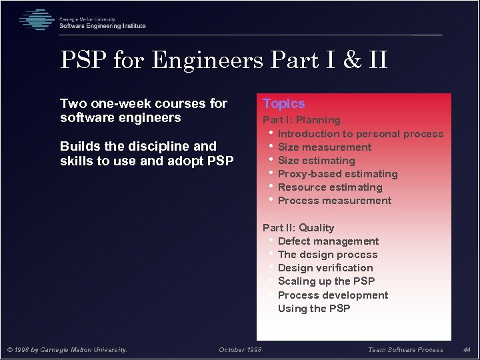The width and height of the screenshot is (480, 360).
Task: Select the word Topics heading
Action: [284, 103]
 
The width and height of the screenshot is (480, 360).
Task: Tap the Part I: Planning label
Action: [301, 120]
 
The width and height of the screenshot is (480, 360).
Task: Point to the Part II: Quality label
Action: [298, 227]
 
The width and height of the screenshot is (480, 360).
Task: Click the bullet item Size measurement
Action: [325, 147]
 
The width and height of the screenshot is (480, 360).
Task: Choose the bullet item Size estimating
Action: [317, 160]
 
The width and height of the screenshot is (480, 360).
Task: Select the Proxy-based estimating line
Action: [337, 173]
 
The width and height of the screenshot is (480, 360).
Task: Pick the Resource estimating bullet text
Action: [330, 187]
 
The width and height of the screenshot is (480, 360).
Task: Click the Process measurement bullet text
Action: [335, 200]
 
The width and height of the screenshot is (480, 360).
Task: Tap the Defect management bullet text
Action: [328, 241]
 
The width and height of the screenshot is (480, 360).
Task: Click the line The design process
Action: [327, 254]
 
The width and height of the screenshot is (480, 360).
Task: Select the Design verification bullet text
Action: [325, 267]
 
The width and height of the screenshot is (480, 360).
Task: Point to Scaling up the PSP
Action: [326, 281]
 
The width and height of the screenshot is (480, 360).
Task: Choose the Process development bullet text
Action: [333, 295]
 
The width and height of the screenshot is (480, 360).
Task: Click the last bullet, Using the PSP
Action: [313, 308]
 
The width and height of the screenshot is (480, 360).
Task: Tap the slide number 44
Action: [467, 349]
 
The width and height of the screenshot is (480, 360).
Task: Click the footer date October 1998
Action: [240, 349]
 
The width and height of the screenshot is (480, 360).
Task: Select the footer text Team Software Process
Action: [405, 349]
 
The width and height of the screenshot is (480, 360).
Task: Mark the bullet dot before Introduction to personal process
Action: [271, 133]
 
